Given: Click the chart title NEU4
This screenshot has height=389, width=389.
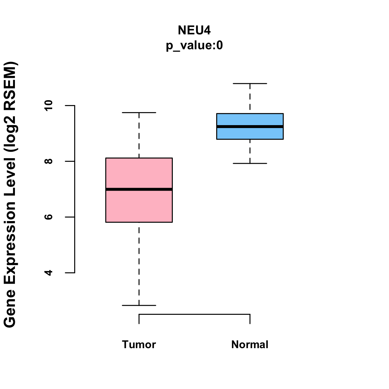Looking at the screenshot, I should [x=194, y=30].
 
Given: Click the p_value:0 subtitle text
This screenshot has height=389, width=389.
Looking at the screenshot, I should [x=194, y=45].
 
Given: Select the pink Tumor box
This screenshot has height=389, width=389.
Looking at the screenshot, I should [x=139, y=207].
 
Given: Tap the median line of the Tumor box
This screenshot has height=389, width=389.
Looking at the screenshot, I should [x=139, y=189].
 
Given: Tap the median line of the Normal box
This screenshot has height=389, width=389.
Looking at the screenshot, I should [x=250, y=127].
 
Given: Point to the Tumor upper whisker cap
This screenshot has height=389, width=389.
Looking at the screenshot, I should [x=139, y=112].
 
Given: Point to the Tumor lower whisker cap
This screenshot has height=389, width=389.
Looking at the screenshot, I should [x=139, y=305].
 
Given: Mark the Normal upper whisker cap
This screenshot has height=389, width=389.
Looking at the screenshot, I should [x=250, y=84].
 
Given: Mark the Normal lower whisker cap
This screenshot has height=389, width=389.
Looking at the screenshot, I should [x=250, y=163].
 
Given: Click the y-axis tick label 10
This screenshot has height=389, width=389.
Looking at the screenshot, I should [x=49, y=106].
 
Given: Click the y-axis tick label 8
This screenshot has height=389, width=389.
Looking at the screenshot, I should [x=49, y=161].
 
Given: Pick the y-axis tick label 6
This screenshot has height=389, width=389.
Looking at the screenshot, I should [x=49, y=217].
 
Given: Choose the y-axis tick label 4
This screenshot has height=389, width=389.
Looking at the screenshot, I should [x=49, y=273].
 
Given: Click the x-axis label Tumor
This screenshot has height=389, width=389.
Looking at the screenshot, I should [x=139, y=345].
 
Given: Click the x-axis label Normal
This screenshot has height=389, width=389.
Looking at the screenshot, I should [x=250, y=345].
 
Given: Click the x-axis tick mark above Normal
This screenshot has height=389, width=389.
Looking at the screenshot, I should [x=250, y=319].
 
